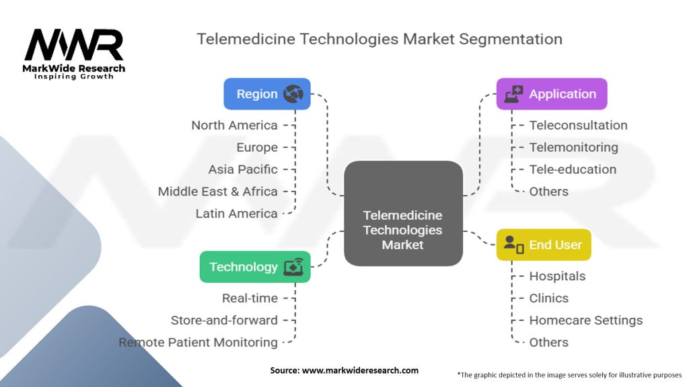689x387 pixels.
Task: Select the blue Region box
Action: pyautogui.click(x=267, y=94)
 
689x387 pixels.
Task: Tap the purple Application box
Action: pyautogui.click(x=552, y=94)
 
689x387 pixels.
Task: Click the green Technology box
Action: pyautogui.click(x=255, y=267)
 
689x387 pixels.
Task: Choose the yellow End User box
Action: pyautogui.click(x=544, y=245)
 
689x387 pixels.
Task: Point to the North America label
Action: pyautogui.click(x=234, y=125)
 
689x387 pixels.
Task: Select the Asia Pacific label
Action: pyautogui.click(x=243, y=169)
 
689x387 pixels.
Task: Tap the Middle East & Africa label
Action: pyautogui.click(x=217, y=191)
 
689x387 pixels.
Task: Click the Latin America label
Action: pyautogui.click(x=236, y=214)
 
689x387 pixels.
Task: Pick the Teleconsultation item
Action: pyautogui.click(x=578, y=125)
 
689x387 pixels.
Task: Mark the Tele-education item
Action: pyautogui.click(x=573, y=169)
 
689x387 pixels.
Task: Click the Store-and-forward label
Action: pyautogui.click(x=224, y=320)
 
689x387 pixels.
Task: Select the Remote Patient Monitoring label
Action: pyautogui.click(x=198, y=343)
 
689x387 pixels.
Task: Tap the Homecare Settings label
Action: pyautogui.click(x=585, y=320)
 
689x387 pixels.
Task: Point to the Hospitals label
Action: pyautogui.click(x=557, y=276)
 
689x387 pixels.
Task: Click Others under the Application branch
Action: pyautogui.click(x=548, y=191)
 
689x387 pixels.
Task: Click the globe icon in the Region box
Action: pyautogui.click(x=293, y=94)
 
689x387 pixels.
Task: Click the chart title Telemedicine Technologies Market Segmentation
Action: pyautogui.click(x=379, y=38)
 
